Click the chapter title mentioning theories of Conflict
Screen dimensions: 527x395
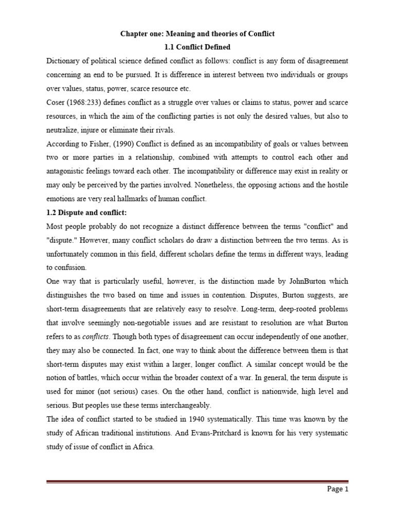(197, 34)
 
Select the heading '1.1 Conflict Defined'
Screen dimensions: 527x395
(197, 47)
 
